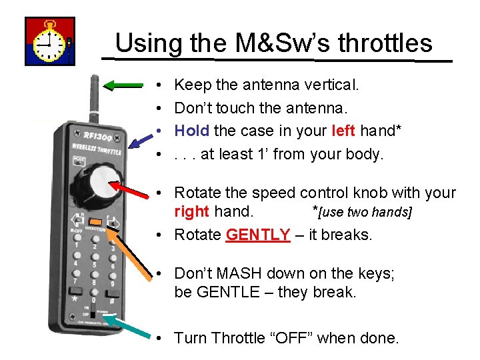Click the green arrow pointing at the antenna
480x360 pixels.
tap(123, 85)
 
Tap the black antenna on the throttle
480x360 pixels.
tap(94, 100)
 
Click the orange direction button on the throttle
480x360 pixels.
tap(95, 221)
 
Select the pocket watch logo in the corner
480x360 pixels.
tap(50, 41)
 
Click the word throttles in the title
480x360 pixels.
tap(385, 43)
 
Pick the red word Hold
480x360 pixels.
tap(191, 131)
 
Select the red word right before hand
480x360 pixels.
tap(191, 212)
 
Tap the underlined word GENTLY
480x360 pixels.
tap(257, 235)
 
